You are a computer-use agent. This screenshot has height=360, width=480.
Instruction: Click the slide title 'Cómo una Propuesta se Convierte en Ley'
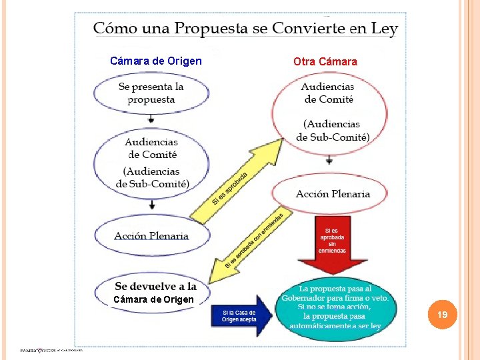point(245,29)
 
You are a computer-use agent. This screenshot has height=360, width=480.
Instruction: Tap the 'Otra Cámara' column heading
point(325,61)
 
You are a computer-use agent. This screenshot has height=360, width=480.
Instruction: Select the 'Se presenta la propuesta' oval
point(151,93)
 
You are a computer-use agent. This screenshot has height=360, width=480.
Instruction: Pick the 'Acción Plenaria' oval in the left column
point(151,235)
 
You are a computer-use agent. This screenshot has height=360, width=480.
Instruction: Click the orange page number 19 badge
point(443,313)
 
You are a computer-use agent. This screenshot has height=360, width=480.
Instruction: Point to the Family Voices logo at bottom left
point(50,351)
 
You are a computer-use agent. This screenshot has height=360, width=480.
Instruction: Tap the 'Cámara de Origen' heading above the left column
point(156,61)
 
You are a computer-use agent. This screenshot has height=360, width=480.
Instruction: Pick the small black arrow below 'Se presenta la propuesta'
point(151,118)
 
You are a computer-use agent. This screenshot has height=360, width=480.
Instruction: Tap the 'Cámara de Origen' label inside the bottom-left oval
point(153,299)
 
